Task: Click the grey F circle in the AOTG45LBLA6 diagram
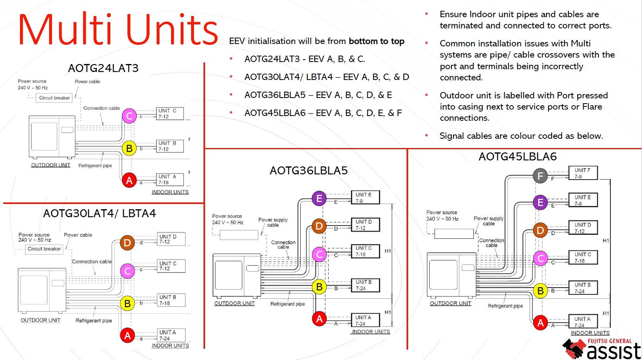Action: pyautogui.click(x=540, y=176)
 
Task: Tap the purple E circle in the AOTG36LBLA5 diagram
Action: pyautogui.click(x=319, y=198)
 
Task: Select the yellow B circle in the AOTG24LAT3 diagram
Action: pyautogui.click(x=129, y=148)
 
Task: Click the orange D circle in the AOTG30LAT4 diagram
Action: pyautogui.click(x=127, y=243)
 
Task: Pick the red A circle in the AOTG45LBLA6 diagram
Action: pyautogui.click(x=540, y=323)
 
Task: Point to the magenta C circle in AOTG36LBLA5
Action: pyautogui.click(x=319, y=254)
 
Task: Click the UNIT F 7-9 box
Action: pyautogui.click(x=583, y=173)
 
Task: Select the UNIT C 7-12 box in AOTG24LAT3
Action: pyautogui.click(x=169, y=114)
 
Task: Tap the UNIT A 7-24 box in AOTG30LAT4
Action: pyautogui.click(x=171, y=335)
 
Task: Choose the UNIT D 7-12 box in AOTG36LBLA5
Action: pyautogui.click(x=365, y=225)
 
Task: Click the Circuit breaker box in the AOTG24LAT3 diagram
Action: pyautogui.click(x=54, y=98)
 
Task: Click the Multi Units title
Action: pyautogui.click(x=118, y=30)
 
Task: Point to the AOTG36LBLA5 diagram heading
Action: pyautogui.click(x=309, y=171)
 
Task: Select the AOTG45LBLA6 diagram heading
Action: pyautogui.click(x=517, y=157)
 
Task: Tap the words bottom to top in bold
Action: pyautogui.click(x=376, y=41)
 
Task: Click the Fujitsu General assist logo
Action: pyautogui.click(x=602, y=349)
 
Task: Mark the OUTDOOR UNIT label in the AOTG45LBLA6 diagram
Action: pyautogui.click(x=450, y=304)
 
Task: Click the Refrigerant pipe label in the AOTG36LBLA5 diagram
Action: pyautogui.click(x=287, y=304)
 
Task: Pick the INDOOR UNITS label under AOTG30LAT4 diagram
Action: pyautogui.click(x=170, y=346)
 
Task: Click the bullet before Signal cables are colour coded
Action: pyautogui.click(x=427, y=136)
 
